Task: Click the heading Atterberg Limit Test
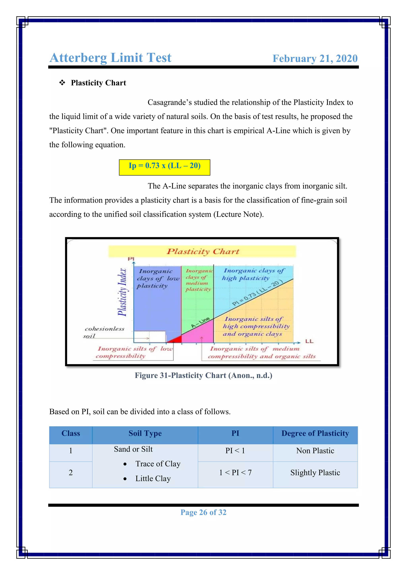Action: [110, 58]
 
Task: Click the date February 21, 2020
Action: [315, 59]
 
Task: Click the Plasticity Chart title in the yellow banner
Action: [203, 251]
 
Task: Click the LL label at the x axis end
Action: [309, 341]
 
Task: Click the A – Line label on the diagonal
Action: [201, 322]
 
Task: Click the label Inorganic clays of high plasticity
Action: [253, 274]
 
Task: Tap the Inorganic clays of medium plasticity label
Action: [199, 280]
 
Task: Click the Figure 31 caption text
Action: [203, 375]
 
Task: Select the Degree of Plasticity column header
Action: [315, 433]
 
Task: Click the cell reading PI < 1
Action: [235, 451]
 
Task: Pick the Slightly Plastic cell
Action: [315, 473]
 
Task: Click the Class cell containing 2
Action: [71, 473]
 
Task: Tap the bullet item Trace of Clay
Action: [158, 464]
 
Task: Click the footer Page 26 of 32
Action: [203, 512]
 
